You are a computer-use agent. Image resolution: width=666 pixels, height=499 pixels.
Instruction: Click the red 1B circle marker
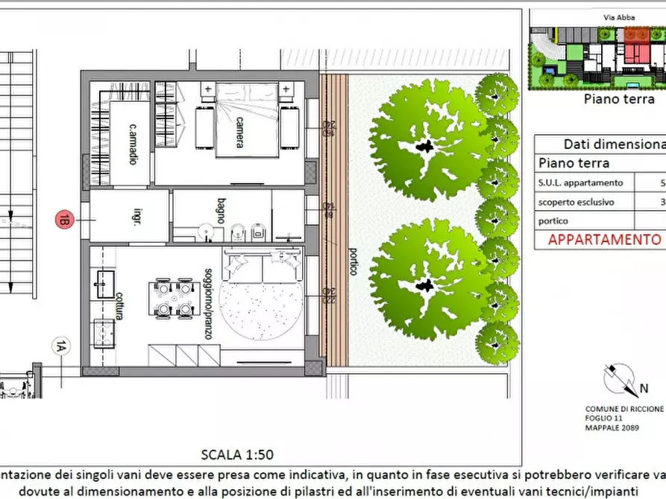click(x=65, y=219)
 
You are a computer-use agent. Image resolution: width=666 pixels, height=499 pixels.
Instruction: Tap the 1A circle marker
click(x=60, y=346)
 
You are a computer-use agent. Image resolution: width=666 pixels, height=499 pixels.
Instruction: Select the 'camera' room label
click(x=239, y=132)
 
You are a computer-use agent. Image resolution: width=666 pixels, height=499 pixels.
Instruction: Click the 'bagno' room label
click(x=222, y=206)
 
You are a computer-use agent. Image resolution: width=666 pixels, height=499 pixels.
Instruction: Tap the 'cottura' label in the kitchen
click(x=119, y=306)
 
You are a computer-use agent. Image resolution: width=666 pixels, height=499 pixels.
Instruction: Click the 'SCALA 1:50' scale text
click(x=232, y=454)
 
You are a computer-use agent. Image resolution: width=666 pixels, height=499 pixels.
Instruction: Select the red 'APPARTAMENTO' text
click(x=605, y=240)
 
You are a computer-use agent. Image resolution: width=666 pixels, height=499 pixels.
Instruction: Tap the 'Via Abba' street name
click(x=615, y=16)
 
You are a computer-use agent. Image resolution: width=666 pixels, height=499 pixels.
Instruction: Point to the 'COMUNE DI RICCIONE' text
click(x=624, y=410)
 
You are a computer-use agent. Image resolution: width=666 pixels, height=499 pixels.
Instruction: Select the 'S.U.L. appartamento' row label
click(x=581, y=182)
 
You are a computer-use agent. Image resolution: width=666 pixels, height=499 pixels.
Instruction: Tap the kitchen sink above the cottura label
click(x=104, y=285)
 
